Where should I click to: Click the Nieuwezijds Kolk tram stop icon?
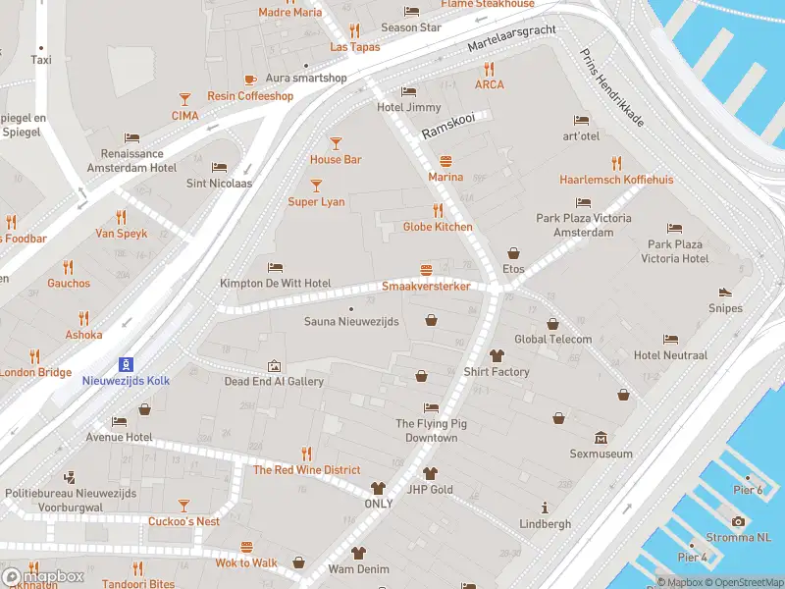[x=124, y=363]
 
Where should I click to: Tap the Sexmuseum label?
[x=601, y=454]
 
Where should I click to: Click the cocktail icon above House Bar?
[x=336, y=142]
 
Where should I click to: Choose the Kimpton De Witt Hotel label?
[x=275, y=283]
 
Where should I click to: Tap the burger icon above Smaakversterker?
[x=426, y=269]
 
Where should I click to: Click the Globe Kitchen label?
[x=438, y=227]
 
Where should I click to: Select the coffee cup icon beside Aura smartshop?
[x=250, y=79]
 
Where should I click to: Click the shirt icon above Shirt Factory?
[x=497, y=355]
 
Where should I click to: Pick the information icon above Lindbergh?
[x=545, y=508]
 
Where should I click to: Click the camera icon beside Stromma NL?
[x=738, y=521]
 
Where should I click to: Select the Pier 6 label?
[x=747, y=490]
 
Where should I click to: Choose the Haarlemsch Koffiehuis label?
[x=616, y=180]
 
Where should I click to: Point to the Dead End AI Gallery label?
[x=274, y=381]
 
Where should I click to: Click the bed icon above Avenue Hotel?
[x=119, y=421]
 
